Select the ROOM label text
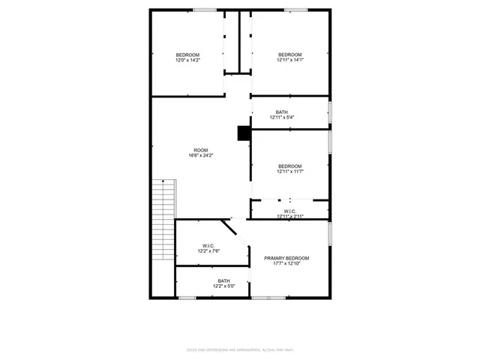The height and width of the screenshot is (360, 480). (x=200, y=149)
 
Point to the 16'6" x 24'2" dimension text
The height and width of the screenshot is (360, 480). (x=200, y=155)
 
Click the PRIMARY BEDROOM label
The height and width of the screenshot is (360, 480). (x=286, y=258)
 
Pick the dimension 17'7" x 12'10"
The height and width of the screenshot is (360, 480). (x=286, y=264)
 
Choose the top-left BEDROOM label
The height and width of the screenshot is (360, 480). (x=187, y=54)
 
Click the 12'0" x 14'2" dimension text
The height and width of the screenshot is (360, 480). (x=187, y=60)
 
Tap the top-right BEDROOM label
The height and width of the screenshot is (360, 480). (x=289, y=54)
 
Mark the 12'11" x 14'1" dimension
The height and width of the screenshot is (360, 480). (x=289, y=60)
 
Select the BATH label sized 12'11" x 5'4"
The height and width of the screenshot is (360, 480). (x=281, y=112)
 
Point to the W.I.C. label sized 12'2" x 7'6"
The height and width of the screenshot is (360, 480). (x=209, y=245)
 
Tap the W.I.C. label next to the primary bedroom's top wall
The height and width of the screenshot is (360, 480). (x=289, y=211)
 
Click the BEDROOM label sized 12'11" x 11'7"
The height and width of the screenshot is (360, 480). (x=289, y=166)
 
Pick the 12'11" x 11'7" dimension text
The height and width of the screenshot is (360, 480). (x=289, y=172)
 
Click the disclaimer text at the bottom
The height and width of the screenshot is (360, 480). (x=239, y=349)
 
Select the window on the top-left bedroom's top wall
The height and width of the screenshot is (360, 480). (x=204, y=10)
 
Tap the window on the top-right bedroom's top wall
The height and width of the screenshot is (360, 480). (x=295, y=10)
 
